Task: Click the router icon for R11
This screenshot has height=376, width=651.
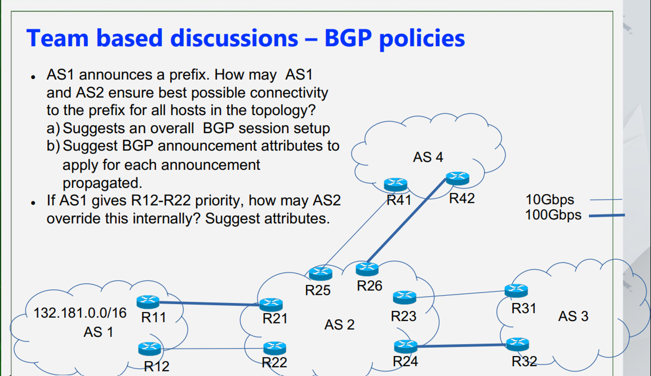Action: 148,302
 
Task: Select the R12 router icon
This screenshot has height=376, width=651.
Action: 150,348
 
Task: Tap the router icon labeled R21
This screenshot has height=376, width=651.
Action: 271,305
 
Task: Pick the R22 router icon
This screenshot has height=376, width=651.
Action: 275,348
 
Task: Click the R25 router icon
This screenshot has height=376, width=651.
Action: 321,273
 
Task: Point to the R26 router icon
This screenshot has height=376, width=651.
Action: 367,269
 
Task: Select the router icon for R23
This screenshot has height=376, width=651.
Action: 404,297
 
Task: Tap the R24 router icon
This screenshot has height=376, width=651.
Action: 405,346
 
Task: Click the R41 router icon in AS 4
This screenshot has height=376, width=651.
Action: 396,184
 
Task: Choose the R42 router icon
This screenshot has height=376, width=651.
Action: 458,178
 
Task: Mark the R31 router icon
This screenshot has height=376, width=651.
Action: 516,290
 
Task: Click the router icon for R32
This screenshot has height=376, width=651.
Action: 517,344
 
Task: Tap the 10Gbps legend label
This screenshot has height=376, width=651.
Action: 550,199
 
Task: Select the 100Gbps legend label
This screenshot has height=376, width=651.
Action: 553,215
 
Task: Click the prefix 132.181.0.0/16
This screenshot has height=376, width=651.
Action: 80,312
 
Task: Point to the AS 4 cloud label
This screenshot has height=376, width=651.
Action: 428,157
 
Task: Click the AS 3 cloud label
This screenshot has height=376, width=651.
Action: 573,316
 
